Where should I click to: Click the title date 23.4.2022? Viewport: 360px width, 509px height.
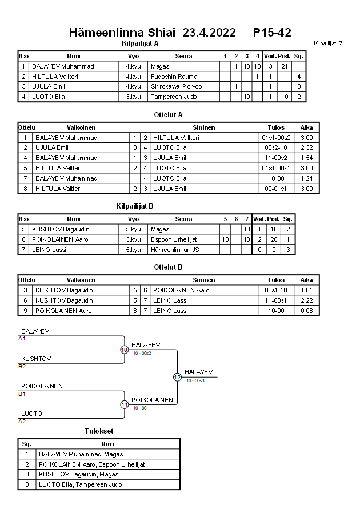click(209, 33)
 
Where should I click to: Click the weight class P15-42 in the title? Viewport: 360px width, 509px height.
click(272, 33)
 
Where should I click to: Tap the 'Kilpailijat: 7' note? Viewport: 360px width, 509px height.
click(328, 43)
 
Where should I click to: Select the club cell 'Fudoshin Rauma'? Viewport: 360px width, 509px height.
click(174, 77)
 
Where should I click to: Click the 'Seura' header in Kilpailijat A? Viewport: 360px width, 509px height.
click(183, 56)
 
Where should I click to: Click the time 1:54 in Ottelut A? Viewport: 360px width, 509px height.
click(306, 158)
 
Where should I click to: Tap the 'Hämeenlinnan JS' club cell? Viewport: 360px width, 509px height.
click(175, 250)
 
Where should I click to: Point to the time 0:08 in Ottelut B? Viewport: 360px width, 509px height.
click(306, 311)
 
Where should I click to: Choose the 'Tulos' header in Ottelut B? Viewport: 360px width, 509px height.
click(276, 280)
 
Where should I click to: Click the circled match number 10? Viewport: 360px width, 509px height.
click(124, 350)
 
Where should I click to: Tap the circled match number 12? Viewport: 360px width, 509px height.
click(177, 377)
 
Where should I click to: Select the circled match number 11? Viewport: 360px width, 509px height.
click(124, 404)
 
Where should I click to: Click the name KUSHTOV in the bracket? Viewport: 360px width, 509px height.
click(36, 359)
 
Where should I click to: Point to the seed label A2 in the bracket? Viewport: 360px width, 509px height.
click(22, 421)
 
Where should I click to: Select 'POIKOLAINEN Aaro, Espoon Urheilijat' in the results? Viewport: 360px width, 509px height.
click(91, 464)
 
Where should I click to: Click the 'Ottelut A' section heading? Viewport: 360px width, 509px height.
click(168, 114)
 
